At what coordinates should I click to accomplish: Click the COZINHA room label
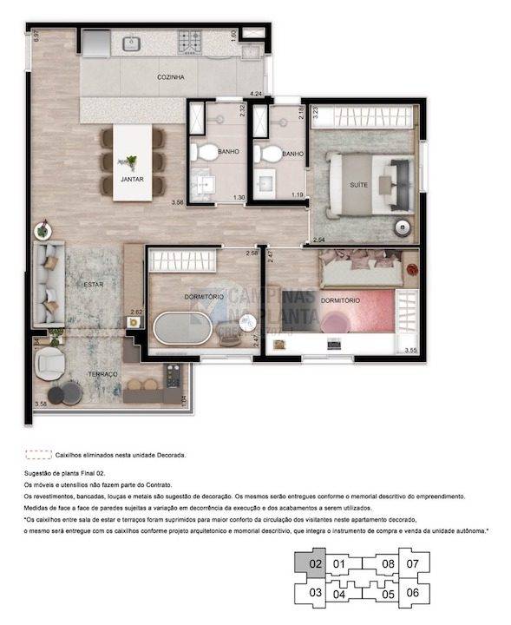[171, 77]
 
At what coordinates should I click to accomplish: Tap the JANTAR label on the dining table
[132, 180]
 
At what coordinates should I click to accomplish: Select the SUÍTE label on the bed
[357, 185]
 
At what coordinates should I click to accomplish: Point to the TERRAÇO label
[102, 373]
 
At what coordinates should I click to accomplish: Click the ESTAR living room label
[93, 284]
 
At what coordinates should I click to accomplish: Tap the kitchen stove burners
[191, 39]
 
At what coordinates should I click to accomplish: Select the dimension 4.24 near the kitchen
[256, 91]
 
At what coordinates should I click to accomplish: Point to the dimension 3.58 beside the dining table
[178, 202]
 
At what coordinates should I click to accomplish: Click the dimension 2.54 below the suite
[318, 240]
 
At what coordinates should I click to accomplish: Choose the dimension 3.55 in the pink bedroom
[410, 350]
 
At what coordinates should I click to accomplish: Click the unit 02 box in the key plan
[314, 563]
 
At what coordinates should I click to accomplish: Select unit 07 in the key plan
[412, 564]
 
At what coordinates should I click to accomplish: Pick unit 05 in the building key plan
[388, 594]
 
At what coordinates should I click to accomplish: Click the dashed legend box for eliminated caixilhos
[38, 454]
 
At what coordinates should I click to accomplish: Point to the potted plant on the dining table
[131, 162]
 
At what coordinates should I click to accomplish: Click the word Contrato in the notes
[160, 484]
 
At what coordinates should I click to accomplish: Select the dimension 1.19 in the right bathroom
[298, 194]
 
